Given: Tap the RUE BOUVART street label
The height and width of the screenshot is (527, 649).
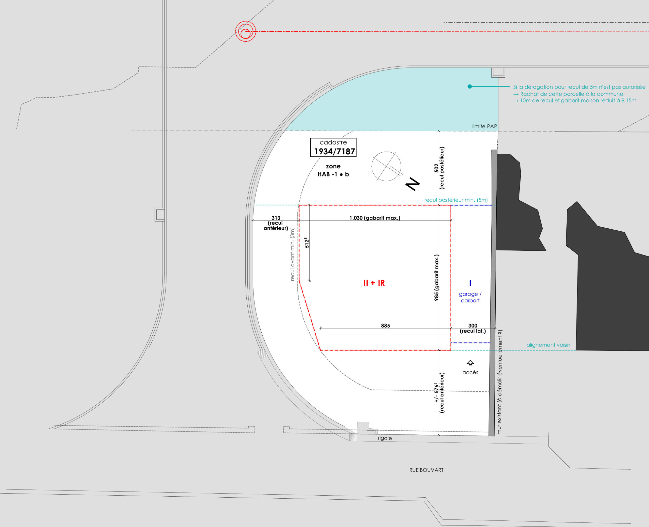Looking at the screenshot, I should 426,470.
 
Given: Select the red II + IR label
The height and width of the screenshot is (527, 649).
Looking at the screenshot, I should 374,283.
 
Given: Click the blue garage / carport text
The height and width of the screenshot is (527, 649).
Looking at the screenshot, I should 470,297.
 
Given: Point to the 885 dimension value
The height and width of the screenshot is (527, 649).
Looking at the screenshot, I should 385,326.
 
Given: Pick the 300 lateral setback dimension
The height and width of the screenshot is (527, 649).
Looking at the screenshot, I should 473,326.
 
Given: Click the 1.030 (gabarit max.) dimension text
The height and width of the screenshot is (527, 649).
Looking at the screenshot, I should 375,218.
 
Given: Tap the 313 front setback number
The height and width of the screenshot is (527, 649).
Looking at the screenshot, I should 276,218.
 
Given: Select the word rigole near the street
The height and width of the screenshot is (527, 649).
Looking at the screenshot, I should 385,438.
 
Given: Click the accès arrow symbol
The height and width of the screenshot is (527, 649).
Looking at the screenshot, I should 470,363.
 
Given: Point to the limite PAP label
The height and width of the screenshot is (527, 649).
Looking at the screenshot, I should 484,126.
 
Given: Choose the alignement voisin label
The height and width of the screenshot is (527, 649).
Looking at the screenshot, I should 548,345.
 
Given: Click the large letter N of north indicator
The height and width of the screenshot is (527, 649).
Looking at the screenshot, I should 413,184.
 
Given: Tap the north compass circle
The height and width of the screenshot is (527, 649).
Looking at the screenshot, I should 386,166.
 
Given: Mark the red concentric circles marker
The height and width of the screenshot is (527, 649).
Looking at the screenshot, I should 246,31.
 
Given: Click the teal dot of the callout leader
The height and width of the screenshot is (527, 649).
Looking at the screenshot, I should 470,86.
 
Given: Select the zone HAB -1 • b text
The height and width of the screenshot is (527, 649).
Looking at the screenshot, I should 333,170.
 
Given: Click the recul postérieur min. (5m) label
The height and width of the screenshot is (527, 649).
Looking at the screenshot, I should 456,200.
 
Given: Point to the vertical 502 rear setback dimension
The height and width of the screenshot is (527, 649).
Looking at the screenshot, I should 437,168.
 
